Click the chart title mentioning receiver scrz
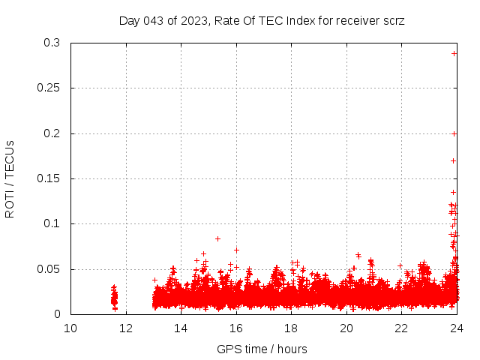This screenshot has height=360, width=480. (x=262, y=20)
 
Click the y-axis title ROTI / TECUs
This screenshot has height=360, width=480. (x=10, y=178)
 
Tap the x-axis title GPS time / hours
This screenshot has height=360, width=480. (x=262, y=349)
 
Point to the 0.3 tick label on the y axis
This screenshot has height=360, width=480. (x=52, y=43)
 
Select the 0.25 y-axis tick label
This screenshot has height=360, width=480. (x=49, y=88)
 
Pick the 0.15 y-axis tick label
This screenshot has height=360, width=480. (x=49, y=178)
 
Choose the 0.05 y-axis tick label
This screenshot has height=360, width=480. (x=49, y=269)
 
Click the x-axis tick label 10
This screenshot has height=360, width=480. (x=70, y=328)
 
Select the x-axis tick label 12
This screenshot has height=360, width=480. (x=125, y=328)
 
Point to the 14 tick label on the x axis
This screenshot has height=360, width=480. (x=181, y=328)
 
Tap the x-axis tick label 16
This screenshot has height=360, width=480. (x=235, y=328)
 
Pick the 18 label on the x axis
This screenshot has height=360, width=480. (x=291, y=328)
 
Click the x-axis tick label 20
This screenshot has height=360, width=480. (x=346, y=328)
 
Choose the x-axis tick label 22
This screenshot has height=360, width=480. (x=401, y=328)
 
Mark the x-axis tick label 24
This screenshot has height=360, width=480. (x=456, y=328)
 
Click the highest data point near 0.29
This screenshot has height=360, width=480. (x=454, y=53)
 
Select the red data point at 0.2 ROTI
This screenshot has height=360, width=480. (x=454, y=133)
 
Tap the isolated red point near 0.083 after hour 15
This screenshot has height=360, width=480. (x=217, y=238)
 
